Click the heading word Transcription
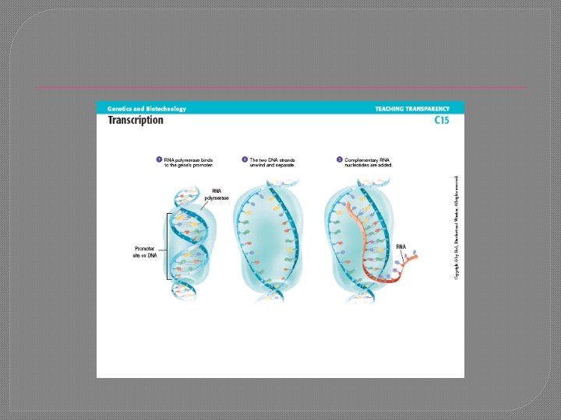click(136, 120)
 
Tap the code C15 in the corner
click(442, 121)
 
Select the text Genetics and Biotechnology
click(146, 109)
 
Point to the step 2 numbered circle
click(244, 160)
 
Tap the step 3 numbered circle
click(340, 160)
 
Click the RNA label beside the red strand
click(401, 247)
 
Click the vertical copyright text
click(457, 226)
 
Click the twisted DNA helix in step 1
click(187, 241)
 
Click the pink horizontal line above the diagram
click(280, 88)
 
